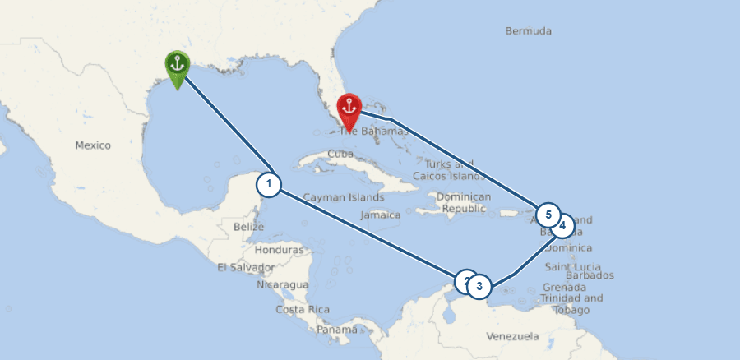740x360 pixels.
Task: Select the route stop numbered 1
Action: coord(269,184)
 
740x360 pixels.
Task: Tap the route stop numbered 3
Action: coord(479,287)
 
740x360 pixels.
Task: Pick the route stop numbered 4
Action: coord(562,225)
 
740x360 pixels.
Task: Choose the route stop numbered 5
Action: coord(547,215)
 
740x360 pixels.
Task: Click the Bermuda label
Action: coord(529,31)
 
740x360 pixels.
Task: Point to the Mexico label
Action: coord(92,145)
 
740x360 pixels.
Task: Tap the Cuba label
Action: coord(340,154)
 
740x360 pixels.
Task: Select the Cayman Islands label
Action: coord(343,197)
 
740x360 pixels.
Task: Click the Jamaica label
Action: coord(381,215)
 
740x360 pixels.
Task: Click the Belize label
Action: coord(248,226)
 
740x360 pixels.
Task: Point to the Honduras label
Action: coord(280,249)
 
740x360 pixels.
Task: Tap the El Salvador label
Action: coord(246,267)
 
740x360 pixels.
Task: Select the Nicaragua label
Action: coord(282,284)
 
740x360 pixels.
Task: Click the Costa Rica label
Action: coord(303,309)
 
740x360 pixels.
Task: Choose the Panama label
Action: coord(337,330)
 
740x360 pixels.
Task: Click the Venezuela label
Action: coord(511,336)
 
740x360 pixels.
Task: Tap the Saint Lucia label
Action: coord(572,267)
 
